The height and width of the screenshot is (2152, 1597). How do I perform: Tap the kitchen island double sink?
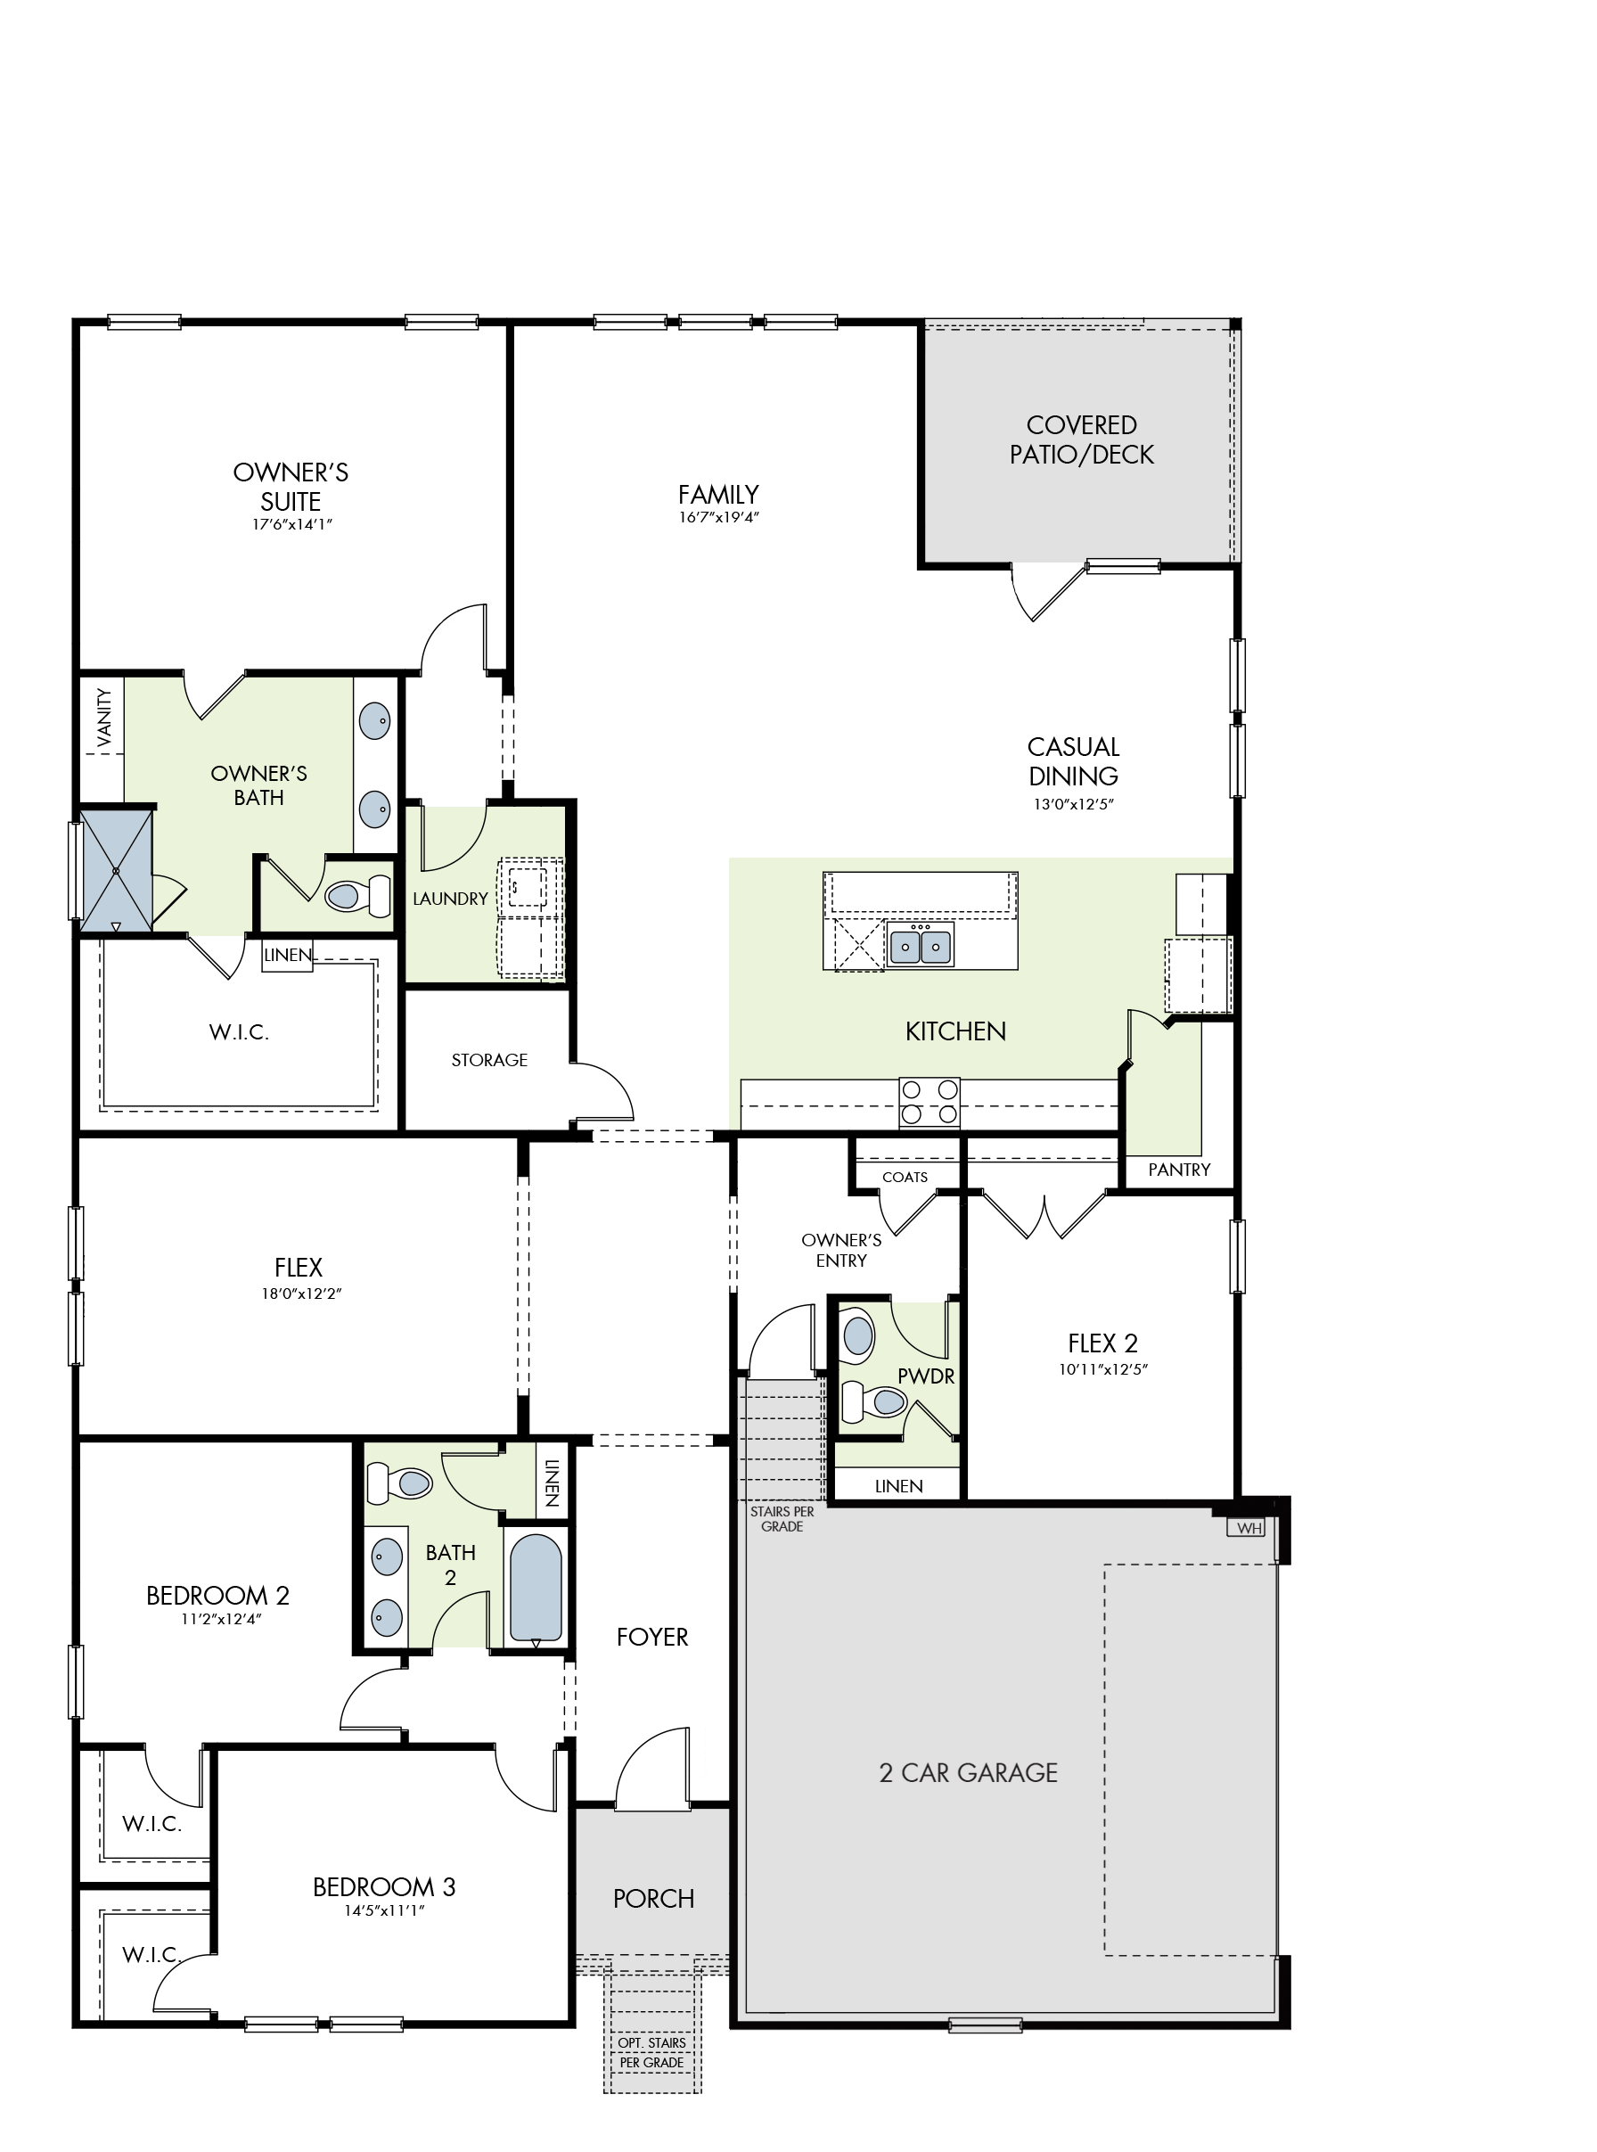[920, 945]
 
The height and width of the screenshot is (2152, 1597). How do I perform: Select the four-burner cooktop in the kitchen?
[929, 1102]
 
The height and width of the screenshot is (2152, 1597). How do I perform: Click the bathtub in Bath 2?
[536, 1589]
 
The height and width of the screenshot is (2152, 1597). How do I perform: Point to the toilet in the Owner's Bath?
[357, 894]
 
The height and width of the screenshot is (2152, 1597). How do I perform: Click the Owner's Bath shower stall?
[116, 871]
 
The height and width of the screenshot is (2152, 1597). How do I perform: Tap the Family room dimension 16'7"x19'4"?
[718, 517]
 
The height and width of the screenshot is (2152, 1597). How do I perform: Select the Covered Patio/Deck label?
[1082, 439]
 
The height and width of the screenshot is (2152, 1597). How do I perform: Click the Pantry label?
[1179, 1170]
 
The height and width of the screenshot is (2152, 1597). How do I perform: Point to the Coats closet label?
[905, 1178]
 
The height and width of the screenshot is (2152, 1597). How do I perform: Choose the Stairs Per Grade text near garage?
[782, 1519]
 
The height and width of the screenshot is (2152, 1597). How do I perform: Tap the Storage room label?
[489, 1061]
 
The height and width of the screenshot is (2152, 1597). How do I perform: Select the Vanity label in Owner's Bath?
[103, 718]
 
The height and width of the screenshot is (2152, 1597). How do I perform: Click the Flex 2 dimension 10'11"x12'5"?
[1103, 1369]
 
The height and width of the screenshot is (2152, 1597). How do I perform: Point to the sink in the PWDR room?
[857, 1336]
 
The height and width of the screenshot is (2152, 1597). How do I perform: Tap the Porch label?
[653, 1899]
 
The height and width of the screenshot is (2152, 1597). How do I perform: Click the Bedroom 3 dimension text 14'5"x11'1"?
[385, 1910]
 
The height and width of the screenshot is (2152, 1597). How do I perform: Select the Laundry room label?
[450, 899]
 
